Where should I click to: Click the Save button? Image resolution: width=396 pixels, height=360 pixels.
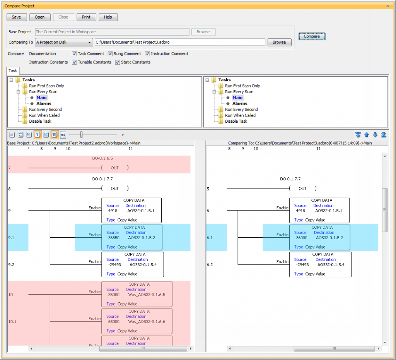point(17,17)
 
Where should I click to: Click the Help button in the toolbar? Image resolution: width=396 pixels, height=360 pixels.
point(108,17)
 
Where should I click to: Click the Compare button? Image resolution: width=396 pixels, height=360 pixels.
point(312,36)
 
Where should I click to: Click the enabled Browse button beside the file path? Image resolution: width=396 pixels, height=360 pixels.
point(279,42)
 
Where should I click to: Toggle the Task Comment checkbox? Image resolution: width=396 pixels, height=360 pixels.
point(74,54)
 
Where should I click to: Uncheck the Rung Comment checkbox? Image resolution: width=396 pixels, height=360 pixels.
point(110,54)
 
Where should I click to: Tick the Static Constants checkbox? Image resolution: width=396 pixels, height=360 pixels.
point(118,62)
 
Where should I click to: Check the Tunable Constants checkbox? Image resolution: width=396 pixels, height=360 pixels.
point(74,62)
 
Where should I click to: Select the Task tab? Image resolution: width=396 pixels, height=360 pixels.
point(13,71)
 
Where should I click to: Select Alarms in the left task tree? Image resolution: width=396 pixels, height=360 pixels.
point(44,104)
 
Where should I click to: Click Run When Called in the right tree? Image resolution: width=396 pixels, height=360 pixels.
point(240,115)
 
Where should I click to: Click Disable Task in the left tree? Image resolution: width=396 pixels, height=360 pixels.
point(40,121)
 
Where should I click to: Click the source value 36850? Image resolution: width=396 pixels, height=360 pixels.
point(114,238)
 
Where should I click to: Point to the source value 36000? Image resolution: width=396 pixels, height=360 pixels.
point(301,238)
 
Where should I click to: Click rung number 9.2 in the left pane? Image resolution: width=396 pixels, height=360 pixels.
point(12,265)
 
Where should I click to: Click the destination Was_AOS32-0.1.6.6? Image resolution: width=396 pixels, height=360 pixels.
point(147,322)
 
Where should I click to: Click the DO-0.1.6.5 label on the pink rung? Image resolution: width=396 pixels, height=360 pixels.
point(102,158)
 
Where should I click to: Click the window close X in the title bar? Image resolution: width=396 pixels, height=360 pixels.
point(387,6)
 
